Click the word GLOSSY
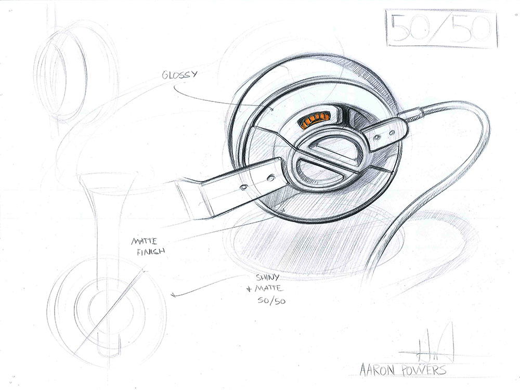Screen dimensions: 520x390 tap(179, 74)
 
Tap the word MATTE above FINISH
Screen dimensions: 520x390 tap(145, 241)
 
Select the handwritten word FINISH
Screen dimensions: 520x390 tap(151, 252)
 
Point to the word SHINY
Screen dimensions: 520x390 tap(268, 277)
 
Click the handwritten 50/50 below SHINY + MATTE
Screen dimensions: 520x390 tap(271, 301)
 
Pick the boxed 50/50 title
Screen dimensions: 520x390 tap(442, 28)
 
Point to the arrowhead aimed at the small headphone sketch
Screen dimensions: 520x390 tap(173, 294)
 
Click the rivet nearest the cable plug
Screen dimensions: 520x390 tap(392, 133)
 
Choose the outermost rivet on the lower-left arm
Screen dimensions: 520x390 tap(244, 187)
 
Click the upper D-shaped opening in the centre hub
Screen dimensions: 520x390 tap(332, 148)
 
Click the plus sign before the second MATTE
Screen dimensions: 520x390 tap(250, 290)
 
